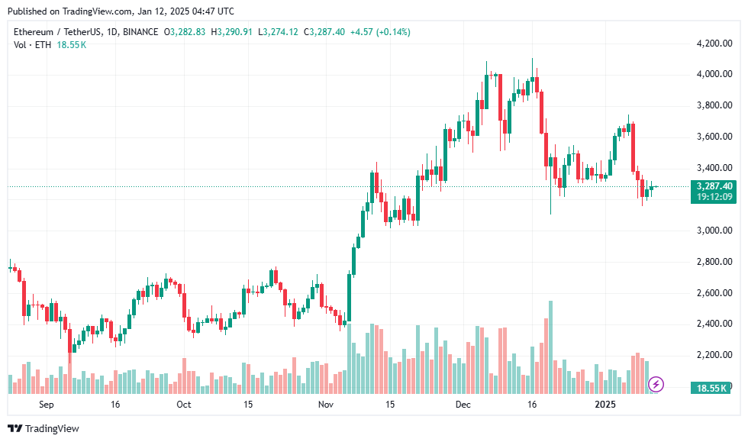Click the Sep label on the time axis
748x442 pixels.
[x=47, y=404]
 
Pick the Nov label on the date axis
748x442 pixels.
[x=326, y=404]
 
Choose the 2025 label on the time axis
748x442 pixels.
[x=606, y=404]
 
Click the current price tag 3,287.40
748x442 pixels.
[x=714, y=186]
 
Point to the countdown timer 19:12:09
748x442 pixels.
[x=714, y=197]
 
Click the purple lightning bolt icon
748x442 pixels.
[x=656, y=384]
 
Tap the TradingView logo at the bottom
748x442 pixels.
[x=44, y=428]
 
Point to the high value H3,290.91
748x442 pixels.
[x=234, y=32]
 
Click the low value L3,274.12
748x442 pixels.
[x=280, y=32]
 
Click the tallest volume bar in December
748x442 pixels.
[x=550, y=347]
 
